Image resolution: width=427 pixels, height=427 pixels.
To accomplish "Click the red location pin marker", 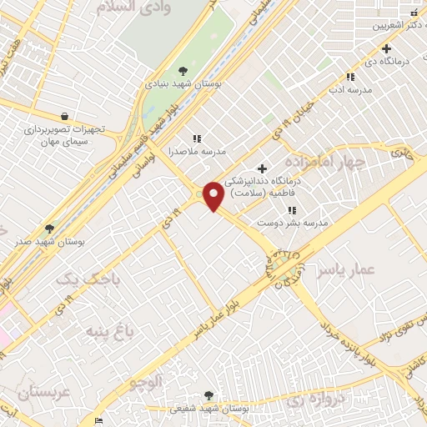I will coord(213,194).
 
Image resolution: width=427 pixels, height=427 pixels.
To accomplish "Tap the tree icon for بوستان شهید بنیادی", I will coord(183,70).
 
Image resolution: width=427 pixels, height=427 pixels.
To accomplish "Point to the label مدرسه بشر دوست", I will coord(304,224).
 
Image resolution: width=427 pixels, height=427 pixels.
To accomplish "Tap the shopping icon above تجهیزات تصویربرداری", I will coord(65,117).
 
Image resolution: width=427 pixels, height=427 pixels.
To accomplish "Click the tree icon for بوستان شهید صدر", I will coord(49,228).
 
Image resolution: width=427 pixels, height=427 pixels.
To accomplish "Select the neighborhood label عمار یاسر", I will coord(354,269).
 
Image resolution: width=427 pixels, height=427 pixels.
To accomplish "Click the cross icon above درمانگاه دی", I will coord(386,49).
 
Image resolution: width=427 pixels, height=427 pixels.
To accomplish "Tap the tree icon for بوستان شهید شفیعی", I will coord(208,395).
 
